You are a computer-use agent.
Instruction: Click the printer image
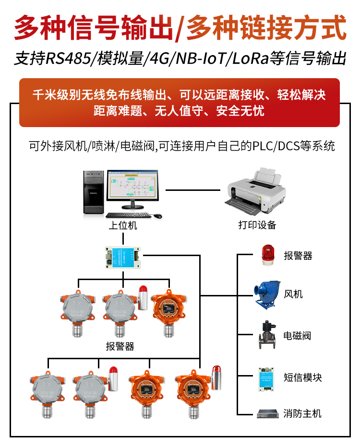pos(256,191)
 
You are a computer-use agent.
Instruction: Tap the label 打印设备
pos(257,225)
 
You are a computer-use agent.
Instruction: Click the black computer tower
pos(93,192)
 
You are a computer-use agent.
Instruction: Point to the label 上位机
pos(123,225)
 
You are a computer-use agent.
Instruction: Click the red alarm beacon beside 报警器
pos(268,255)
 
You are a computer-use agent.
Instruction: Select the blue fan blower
pos(267,295)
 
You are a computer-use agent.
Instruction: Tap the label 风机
pos(293,294)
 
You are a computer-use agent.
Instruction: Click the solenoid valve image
pos(267,335)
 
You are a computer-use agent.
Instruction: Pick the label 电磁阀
pos(297,336)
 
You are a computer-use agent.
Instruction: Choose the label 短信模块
pos(303,377)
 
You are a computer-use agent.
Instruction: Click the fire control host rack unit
pos(267,413)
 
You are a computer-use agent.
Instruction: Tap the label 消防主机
pos(302,413)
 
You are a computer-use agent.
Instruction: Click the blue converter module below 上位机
pos(123,258)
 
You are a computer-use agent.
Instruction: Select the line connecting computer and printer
pos(193,190)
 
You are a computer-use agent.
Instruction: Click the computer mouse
pos(157,216)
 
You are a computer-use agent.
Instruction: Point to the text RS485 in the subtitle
pos(68,59)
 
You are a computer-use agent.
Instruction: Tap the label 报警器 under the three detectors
pos(120,346)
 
